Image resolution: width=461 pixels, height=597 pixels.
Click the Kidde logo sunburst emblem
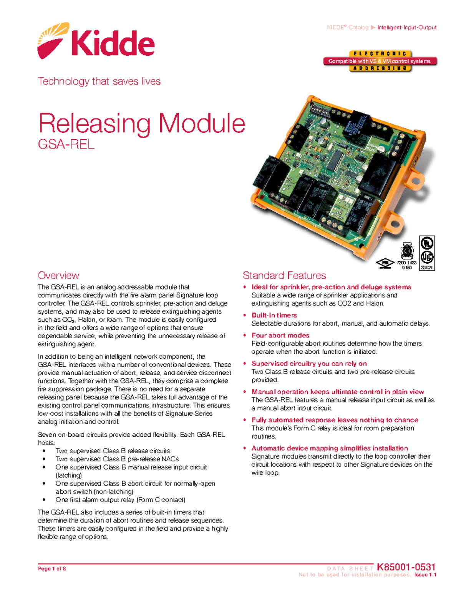(53, 40)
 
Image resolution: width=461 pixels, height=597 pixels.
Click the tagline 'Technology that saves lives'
(99, 81)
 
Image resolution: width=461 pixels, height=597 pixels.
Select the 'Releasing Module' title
(142, 123)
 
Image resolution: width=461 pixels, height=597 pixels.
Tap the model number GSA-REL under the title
(66, 145)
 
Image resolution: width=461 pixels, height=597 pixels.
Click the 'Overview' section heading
(58, 275)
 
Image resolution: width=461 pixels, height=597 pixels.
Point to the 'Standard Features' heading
(284, 275)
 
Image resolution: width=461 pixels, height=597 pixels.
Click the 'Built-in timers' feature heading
(274, 315)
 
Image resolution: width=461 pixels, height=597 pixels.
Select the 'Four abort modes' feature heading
(280, 335)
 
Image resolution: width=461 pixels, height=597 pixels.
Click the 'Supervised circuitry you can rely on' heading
(309, 363)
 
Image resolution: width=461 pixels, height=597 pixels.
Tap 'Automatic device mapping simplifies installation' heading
(330, 448)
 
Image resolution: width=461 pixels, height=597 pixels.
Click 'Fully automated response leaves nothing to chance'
(335, 420)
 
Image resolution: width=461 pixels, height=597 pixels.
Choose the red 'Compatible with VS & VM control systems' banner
(380, 61)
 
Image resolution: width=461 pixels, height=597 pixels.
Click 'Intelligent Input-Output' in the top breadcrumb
(407, 27)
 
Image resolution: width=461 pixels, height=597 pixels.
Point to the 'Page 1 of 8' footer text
(52, 569)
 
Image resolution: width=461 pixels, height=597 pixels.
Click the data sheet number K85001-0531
(406, 567)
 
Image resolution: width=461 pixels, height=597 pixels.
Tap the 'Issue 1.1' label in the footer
(425, 575)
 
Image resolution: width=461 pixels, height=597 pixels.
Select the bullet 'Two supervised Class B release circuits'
(113, 451)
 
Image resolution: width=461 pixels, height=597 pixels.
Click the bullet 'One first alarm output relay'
(120, 500)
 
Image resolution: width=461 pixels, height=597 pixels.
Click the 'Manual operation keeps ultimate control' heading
(338, 392)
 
